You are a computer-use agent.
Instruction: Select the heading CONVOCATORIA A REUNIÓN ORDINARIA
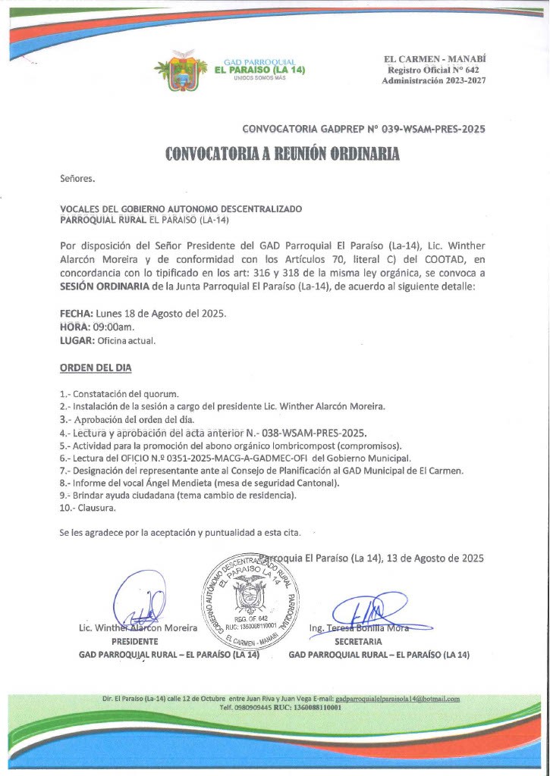click(x=282, y=155)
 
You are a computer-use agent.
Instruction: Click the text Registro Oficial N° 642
click(x=435, y=70)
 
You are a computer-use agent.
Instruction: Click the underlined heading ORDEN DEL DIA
click(x=96, y=368)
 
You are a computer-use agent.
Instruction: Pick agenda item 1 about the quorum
click(x=119, y=394)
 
